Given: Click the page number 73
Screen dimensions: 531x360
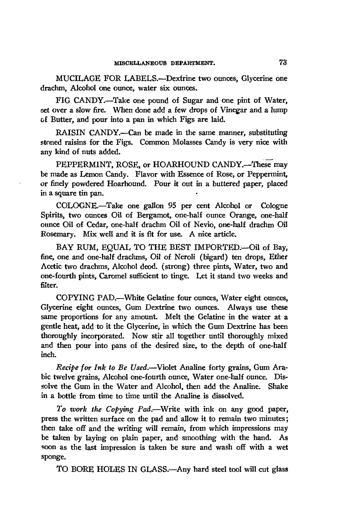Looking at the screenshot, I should [x=282, y=63].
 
